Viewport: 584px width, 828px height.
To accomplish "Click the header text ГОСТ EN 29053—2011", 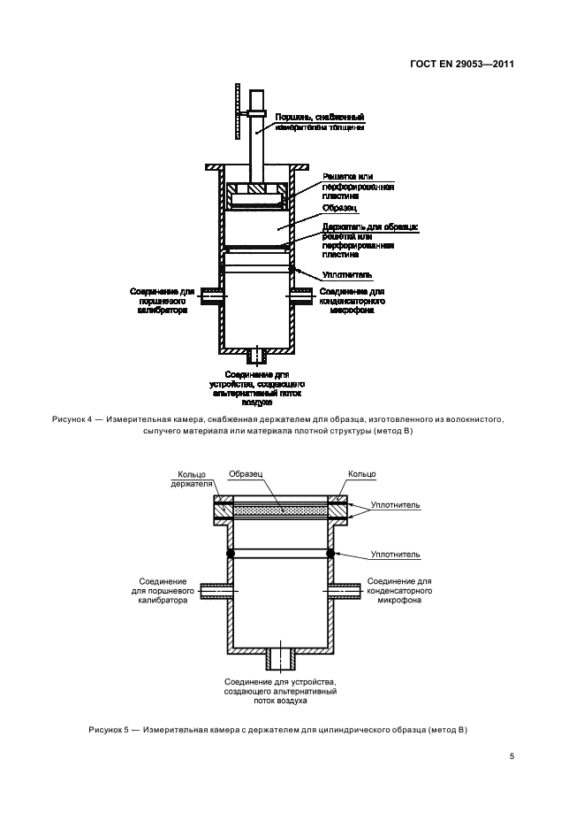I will coord(463,65).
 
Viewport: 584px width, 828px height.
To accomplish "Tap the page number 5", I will coord(512,756).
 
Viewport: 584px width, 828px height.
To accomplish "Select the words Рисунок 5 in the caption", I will coord(109,729).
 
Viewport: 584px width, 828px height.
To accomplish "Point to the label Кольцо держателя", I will coord(192,479).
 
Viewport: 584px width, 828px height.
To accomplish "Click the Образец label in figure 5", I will coord(244,473).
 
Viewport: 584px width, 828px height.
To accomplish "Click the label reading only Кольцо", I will coord(362,474).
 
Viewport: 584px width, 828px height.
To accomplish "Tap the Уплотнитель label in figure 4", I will coord(340,274).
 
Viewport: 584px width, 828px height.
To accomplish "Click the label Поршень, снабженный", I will coord(320,116).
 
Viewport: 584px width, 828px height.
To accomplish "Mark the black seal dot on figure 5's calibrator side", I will coord(231,554).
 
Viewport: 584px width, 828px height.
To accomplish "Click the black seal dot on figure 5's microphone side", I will coord(331,554).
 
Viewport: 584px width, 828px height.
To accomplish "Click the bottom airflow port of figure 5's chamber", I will coord(281,660).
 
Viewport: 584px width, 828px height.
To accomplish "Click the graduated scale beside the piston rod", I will coord(239,111).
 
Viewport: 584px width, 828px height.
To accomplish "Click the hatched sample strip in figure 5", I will coord(281,510).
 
